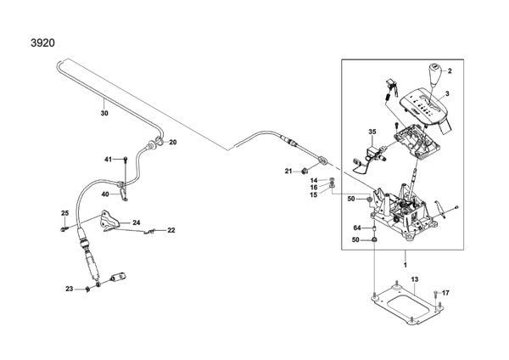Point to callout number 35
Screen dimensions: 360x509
pyautogui.click(x=372, y=132)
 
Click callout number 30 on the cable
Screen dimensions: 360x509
pyautogui.click(x=103, y=111)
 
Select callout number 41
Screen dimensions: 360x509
pyautogui.click(x=108, y=159)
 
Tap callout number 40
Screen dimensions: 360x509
pyautogui.click(x=105, y=194)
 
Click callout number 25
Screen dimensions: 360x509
pyautogui.click(x=64, y=212)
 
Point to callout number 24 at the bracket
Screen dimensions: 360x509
pyautogui.click(x=135, y=222)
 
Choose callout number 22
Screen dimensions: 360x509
pyautogui.click(x=171, y=230)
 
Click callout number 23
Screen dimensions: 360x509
pyautogui.click(x=70, y=290)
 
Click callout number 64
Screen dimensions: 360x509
pyautogui.click(x=358, y=228)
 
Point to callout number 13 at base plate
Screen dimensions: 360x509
pyautogui.click(x=415, y=279)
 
